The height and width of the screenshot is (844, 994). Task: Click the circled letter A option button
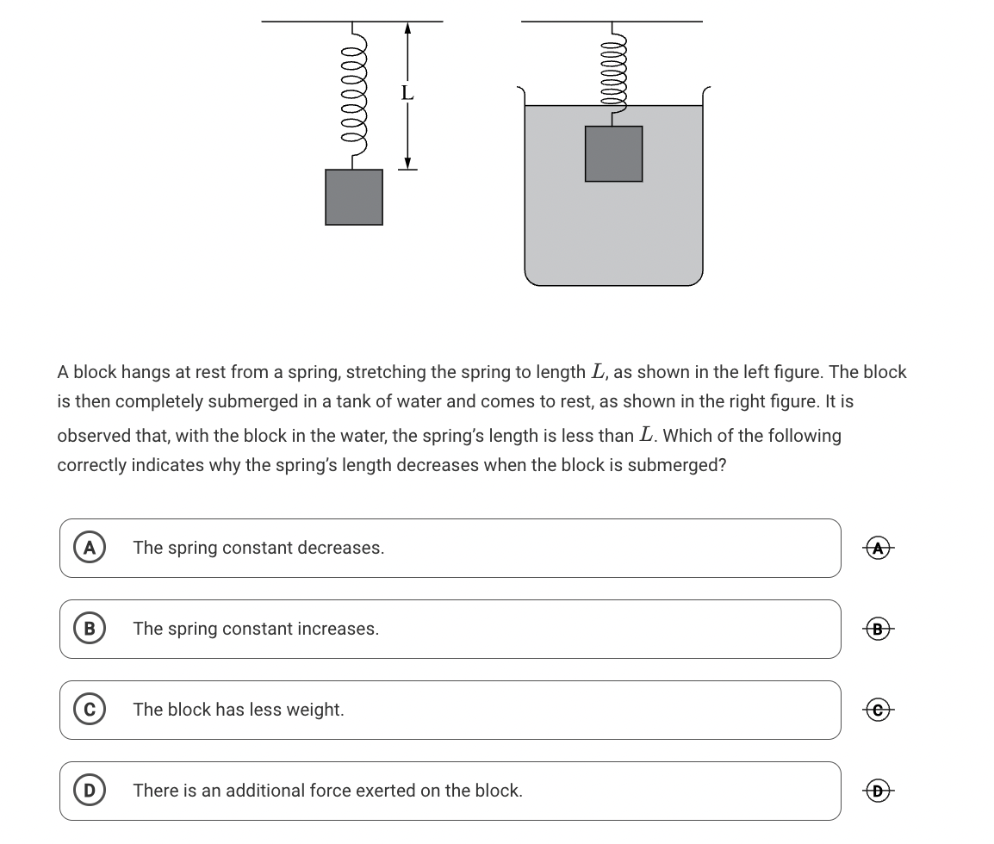[89, 548]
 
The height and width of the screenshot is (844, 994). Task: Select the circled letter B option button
[89, 629]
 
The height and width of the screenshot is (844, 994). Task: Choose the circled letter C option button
[89, 710]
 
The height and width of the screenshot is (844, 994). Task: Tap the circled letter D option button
[89, 791]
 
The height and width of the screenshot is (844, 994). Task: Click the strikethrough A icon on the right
[878, 548]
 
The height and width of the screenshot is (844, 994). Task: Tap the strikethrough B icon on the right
[878, 629]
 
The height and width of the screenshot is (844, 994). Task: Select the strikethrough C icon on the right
[878, 710]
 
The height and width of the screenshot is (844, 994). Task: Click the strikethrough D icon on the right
[878, 791]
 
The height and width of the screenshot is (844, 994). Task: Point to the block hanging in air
[354, 197]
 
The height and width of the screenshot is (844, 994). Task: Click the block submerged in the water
[613, 154]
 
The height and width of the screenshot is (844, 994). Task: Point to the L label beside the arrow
[407, 92]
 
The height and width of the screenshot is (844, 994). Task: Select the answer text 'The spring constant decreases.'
[258, 548]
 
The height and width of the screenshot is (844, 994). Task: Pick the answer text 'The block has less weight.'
[239, 710]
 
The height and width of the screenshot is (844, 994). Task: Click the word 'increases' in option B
[337, 629]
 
